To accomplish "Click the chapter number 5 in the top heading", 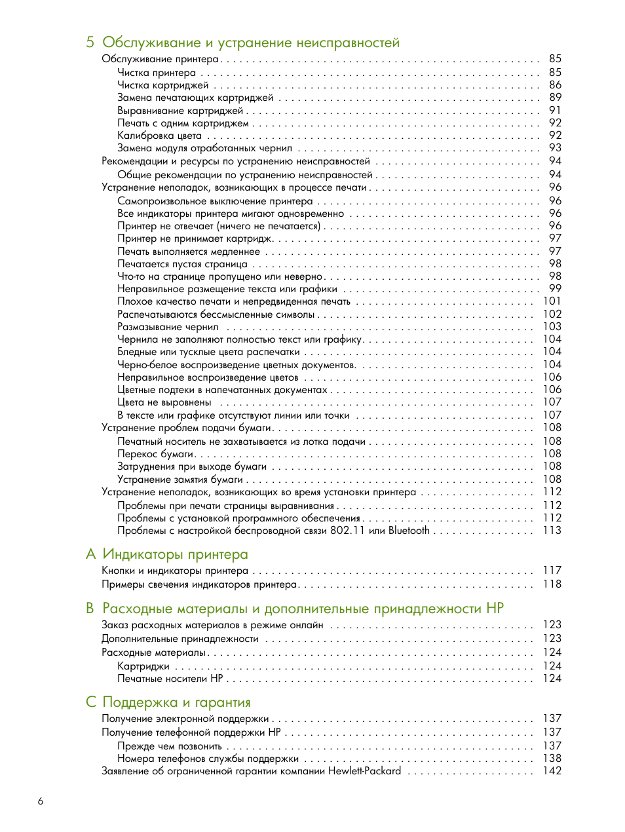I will tap(90, 43).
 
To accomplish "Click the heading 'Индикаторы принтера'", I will tap(175, 554).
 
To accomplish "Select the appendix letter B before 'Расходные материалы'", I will tap(90, 609).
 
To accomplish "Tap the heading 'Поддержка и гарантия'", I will tap(176, 702).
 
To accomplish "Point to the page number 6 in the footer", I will tap(41, 801).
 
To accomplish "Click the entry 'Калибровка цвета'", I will tap(159, 136).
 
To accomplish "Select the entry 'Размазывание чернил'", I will tap(168, 327).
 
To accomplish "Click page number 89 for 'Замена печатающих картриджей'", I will tap(555, 97).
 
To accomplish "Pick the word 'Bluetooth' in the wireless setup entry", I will tap(409, 531).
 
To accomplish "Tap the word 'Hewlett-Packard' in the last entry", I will tap(364, 771).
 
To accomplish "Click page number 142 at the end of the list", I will tap(552, 771).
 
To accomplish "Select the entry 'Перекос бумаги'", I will tap(155, 454).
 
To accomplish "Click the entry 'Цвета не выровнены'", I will tap(164, 402).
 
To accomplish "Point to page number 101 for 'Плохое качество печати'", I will tap(552, 301).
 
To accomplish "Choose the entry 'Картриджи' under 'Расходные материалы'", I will tap(143, 666).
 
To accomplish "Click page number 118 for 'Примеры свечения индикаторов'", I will tap(552, 584).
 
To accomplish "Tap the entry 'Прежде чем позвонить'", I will tap(169, 746).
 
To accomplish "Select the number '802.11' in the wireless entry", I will tap(347, 531).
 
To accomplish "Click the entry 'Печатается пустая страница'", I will tap(182, 264).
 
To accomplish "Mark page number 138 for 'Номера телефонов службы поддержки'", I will tap(552, 759).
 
